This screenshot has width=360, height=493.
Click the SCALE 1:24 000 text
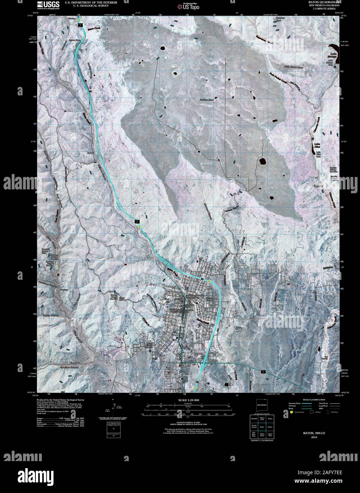point(189,400)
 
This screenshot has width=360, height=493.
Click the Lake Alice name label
point(319,145)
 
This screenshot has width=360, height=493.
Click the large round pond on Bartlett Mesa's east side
point(263,162)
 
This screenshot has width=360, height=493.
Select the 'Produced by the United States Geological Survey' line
point(58,399)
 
